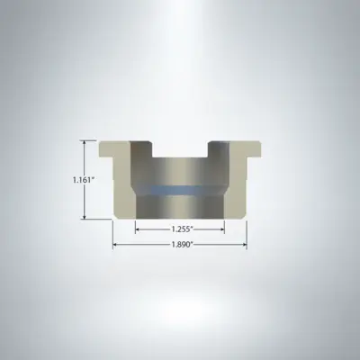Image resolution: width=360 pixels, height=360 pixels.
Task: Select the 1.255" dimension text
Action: coord(180,229)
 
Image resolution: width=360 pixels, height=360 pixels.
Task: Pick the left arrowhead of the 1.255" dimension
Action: coord(138,229)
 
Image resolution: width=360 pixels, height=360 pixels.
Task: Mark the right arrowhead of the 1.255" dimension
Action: coord(222,229)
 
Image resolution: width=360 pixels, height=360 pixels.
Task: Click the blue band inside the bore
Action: coord(180,191)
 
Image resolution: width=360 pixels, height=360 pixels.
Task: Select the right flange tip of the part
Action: coord(256,148)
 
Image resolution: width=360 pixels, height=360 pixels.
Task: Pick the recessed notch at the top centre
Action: coord(180,149)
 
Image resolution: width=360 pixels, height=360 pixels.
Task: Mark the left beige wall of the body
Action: coord(121,189)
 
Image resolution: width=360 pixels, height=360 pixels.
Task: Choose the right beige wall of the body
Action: coord(239,189)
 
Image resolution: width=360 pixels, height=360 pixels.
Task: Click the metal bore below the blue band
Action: coord(180,208)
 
